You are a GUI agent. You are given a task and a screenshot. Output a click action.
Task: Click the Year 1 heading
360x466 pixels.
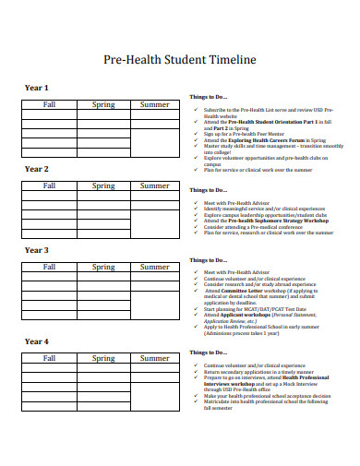pos(36,88)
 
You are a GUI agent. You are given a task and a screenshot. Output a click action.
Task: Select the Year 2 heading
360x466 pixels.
pos(36,169)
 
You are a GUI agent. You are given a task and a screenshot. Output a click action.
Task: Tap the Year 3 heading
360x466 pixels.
pos(36,250)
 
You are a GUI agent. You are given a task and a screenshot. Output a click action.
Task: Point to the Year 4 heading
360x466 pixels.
pos(36,341)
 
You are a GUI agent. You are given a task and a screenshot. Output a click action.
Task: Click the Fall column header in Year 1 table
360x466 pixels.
pos(50,104)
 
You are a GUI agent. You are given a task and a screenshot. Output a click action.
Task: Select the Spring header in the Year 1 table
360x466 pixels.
pos(103,104)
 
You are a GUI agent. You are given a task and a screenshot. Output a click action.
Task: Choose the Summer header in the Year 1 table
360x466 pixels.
pos(154,104)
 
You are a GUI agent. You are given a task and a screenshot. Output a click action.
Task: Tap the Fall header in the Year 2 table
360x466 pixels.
pos(50,185)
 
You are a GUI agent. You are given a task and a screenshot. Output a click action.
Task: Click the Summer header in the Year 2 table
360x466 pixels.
pos(154,185)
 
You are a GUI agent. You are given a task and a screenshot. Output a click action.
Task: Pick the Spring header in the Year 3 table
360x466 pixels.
pos(103,267)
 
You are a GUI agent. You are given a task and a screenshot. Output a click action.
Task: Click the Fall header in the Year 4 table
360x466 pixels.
pos(50,358)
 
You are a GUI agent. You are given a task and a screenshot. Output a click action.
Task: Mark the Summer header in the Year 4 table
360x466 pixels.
pos(154,358)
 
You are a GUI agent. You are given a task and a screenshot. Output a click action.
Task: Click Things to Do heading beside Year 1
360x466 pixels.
pos(208,97)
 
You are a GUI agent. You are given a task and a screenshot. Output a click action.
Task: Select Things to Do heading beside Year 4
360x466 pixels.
pos(208,352)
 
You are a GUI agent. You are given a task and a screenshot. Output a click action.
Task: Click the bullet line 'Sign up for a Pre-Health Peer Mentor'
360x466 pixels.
pos(244,133)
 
